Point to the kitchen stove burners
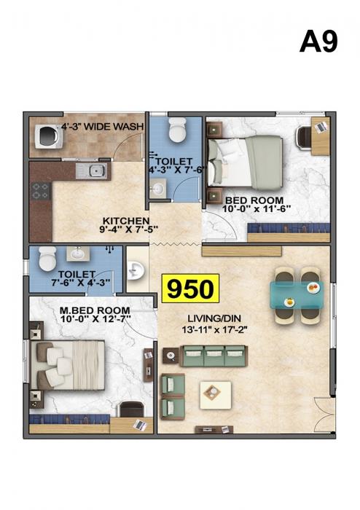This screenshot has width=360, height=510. (40, 192)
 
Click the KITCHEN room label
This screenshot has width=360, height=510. (126, 221)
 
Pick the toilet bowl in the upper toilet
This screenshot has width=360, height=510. (176, 130)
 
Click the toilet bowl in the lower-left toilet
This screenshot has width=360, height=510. (47, 258)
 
